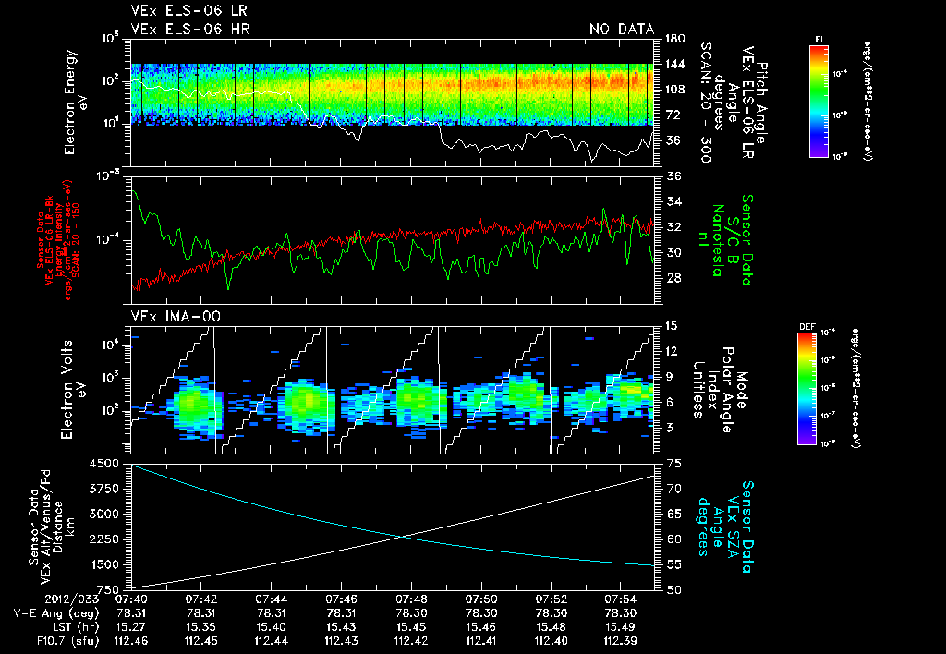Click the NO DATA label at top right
[x=622, y=30]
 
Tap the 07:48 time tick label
[x=411, y=599]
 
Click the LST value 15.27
[x=132, y=625]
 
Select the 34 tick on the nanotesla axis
[x=673, y=201]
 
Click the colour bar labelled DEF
[x=818, y=387]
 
